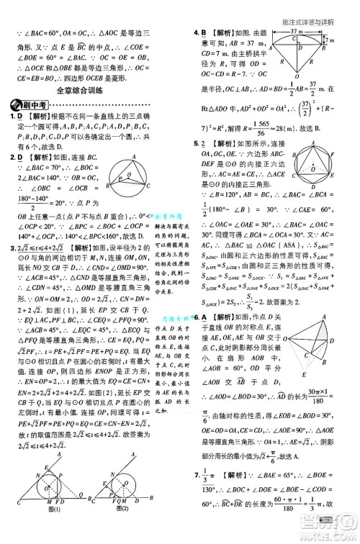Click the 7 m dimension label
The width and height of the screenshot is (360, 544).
click(x=349, y=41)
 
